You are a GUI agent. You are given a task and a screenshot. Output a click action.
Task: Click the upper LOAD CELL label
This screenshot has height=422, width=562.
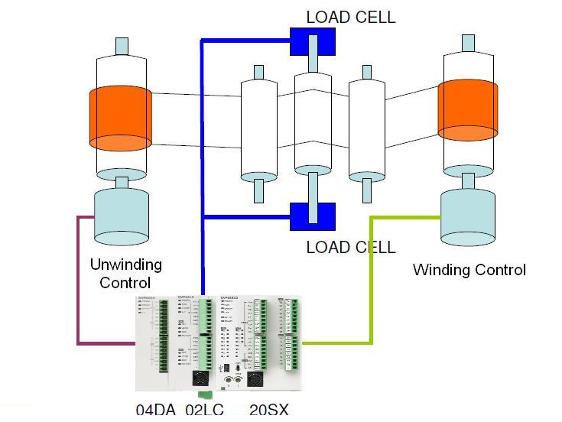coord(351,17)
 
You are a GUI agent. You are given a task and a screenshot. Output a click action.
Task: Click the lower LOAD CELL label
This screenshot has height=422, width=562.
coord(351,247)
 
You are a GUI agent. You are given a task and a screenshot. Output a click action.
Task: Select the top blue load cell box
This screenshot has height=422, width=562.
coord(313,41)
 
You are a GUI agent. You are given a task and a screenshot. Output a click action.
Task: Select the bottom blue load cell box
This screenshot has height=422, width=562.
coord(313,216)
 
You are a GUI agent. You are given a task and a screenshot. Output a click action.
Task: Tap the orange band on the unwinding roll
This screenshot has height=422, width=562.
coord(120,118)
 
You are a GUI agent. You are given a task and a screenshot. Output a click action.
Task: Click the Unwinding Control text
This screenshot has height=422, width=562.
coord(126,273)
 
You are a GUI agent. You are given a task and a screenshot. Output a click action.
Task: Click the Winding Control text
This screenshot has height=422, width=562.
coord(469,270)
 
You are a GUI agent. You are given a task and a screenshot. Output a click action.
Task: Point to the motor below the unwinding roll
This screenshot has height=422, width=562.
coord(121,214)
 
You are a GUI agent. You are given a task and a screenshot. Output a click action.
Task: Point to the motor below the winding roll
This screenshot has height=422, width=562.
coord(467,217)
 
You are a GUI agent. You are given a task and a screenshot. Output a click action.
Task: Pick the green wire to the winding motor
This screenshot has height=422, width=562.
coord(372,283)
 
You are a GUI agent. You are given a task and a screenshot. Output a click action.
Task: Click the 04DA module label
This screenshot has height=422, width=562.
coord(155,410)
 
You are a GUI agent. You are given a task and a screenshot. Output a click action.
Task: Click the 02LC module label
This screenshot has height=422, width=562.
coord(204,410)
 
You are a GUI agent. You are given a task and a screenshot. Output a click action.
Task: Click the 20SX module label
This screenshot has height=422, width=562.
coord(268,410)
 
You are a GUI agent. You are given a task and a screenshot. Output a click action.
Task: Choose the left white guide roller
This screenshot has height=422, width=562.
coord(258,126)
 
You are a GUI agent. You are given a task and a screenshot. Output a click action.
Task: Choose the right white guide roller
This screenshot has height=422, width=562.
coord(366,126)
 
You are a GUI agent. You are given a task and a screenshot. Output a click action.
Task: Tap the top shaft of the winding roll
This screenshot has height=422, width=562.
coord(467,44)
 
